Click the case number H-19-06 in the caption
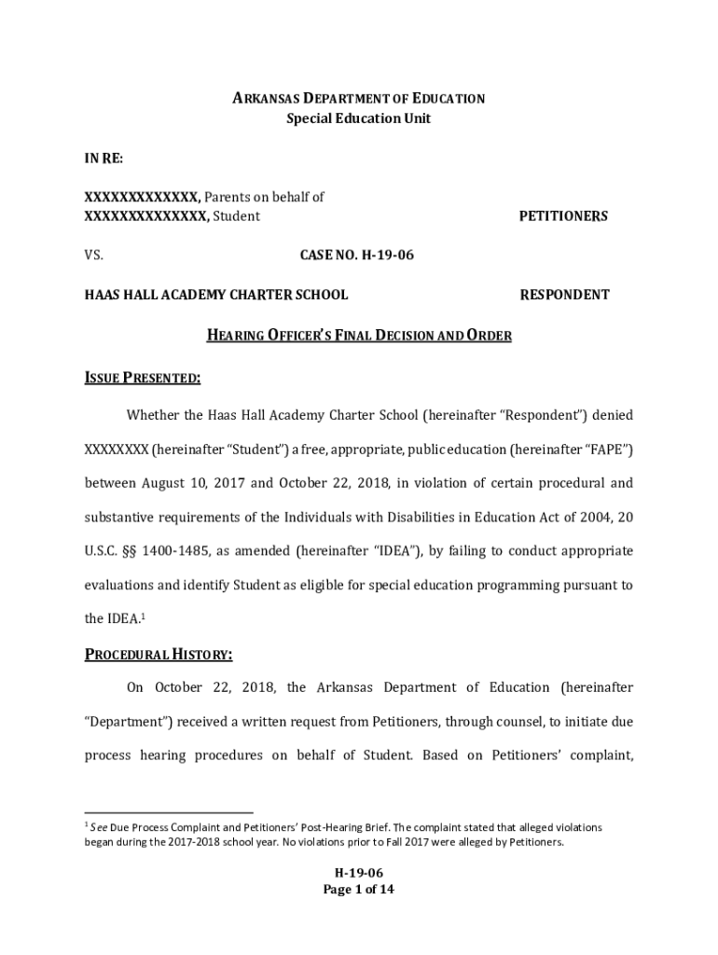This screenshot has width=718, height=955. coord(356,255)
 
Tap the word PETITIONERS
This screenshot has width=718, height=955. coord(563,216)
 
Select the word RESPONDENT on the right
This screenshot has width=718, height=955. coord(564,295)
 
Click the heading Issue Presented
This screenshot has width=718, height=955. coord(143,378)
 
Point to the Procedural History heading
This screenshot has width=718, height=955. coord(159,655)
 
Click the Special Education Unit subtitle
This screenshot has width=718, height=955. coord(358,119)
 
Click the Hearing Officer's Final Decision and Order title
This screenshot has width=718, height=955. coord(358,336)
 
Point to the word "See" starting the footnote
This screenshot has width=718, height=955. coord(98,827)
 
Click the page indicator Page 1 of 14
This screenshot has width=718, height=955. coord(359,890)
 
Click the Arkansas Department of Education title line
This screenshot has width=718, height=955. coord(358,99)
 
